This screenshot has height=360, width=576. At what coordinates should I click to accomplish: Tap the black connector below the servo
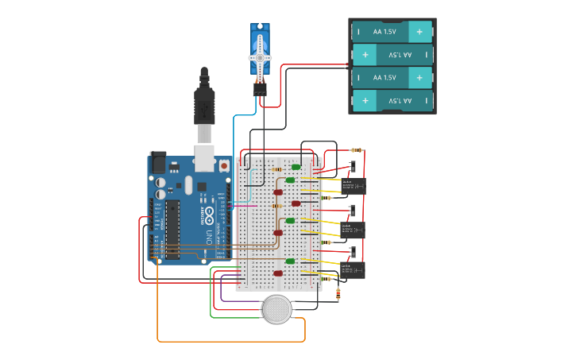(x=260, y=89)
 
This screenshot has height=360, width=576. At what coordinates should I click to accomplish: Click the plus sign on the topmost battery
(x=419, y=32)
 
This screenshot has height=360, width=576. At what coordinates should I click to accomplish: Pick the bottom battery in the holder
(x=392, y=101)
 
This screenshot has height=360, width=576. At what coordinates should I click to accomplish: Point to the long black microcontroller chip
(x=172, y=230)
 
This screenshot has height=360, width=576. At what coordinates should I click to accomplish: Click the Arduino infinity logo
(x=209, y=215)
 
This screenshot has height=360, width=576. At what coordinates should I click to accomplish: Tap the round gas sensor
(x=277, y=309)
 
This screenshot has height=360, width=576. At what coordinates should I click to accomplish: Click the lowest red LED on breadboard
(x=278, y=273)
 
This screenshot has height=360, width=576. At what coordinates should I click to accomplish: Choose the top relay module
(x=352, y=185)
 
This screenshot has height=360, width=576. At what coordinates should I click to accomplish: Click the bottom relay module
(x=352, y=270)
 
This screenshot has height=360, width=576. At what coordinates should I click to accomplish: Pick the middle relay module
(x=352, y=229)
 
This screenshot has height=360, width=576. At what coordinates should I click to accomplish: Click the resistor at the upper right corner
(x=357, y=150)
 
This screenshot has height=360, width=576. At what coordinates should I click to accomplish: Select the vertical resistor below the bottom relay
(x=339, y=294)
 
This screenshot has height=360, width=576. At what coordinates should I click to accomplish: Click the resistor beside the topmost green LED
(x=276, y=169)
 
